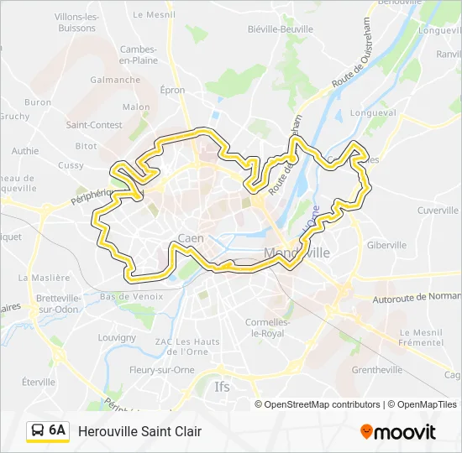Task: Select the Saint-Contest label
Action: (94, 125)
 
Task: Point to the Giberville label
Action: (386, 245)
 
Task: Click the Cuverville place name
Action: (438, 210)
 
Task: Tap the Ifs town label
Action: (222, 387)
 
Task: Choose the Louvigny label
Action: (117, 337)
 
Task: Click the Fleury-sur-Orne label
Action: (162, 370)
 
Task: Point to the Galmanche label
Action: (115, 81)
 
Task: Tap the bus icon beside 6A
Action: (38, 430)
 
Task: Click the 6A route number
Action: (57, 430)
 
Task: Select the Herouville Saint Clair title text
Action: (139, 431)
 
